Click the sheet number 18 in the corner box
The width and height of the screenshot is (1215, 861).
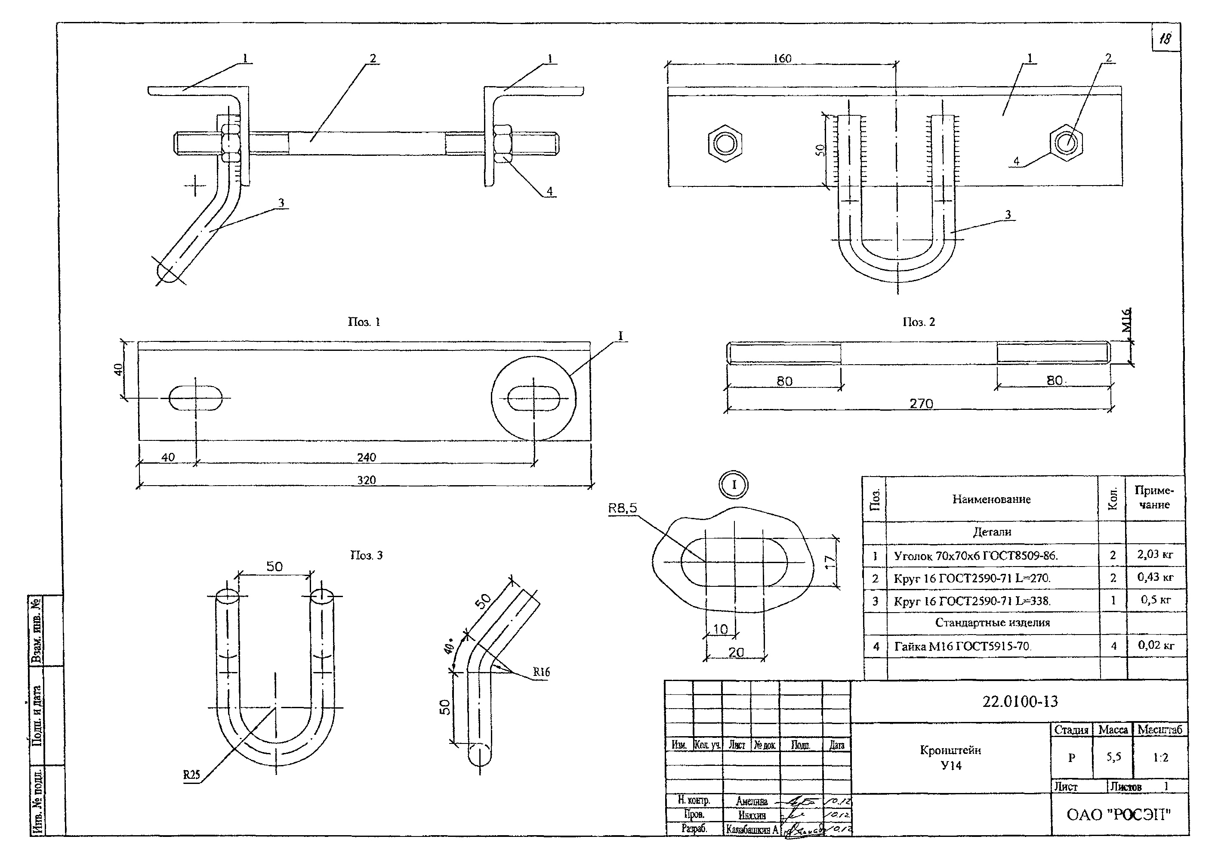1165,38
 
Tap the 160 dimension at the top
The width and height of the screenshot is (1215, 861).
782,58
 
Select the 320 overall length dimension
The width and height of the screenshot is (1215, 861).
366,480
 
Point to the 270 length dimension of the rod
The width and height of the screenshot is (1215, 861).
921,403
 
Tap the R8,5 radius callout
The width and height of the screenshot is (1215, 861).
622,508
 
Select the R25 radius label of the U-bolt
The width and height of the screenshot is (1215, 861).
191,774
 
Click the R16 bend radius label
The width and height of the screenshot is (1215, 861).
541,672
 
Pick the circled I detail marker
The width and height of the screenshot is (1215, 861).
734,485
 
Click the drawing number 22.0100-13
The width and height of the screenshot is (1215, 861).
1020,701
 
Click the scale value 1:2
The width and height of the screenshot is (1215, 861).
1160,758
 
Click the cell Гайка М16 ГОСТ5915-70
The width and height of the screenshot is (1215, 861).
963,646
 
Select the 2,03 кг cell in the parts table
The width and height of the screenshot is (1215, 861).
1155,554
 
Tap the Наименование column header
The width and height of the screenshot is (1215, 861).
991,499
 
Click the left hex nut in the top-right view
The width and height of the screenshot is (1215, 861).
725,142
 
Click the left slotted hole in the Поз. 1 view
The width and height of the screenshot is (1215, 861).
195,398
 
